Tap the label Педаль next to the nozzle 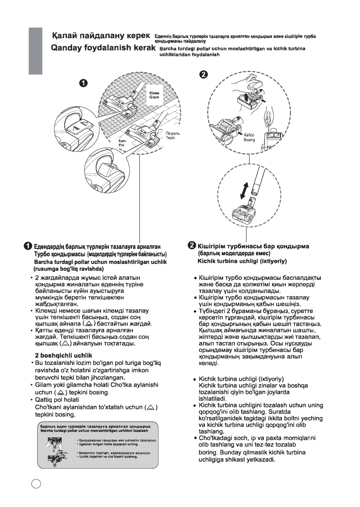tap(173, 133)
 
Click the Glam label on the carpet tap(154, 98)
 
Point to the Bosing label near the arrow tap(249, 140)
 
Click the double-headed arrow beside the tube tap(245, 190)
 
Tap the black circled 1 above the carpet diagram tap(85, 83)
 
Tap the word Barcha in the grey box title tap(48, 431)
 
